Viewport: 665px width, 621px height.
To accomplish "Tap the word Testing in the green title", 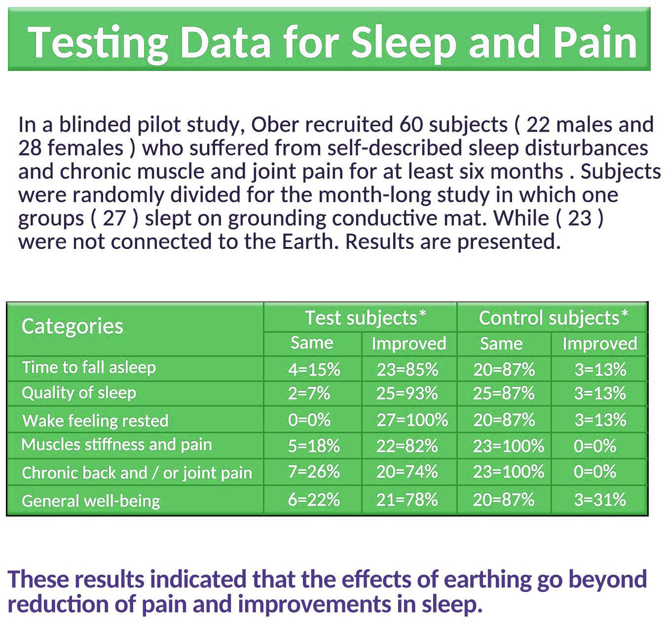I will point(98,42).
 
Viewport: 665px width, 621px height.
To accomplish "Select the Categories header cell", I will point(73,326).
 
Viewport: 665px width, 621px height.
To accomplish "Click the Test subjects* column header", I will point(365,318).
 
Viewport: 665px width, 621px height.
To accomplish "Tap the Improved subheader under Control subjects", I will point(599,344).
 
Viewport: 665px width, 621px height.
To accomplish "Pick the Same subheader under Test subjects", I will point(312,343).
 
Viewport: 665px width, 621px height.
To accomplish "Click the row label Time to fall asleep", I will point(89,368).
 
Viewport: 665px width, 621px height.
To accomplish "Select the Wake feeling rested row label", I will point(95,421).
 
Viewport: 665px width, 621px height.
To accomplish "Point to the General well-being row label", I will point(91,501).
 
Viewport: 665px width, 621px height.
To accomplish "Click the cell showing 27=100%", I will point(412,420).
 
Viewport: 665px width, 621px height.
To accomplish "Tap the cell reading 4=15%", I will point(314,370).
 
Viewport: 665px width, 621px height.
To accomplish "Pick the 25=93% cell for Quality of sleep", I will point(407,393).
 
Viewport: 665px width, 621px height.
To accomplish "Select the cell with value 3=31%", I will point(600,500).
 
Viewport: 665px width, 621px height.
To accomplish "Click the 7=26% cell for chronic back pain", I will point(314,472).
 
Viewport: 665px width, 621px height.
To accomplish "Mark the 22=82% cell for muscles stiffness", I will point(407,446).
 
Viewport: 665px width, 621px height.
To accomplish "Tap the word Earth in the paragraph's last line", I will point(310,241).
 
